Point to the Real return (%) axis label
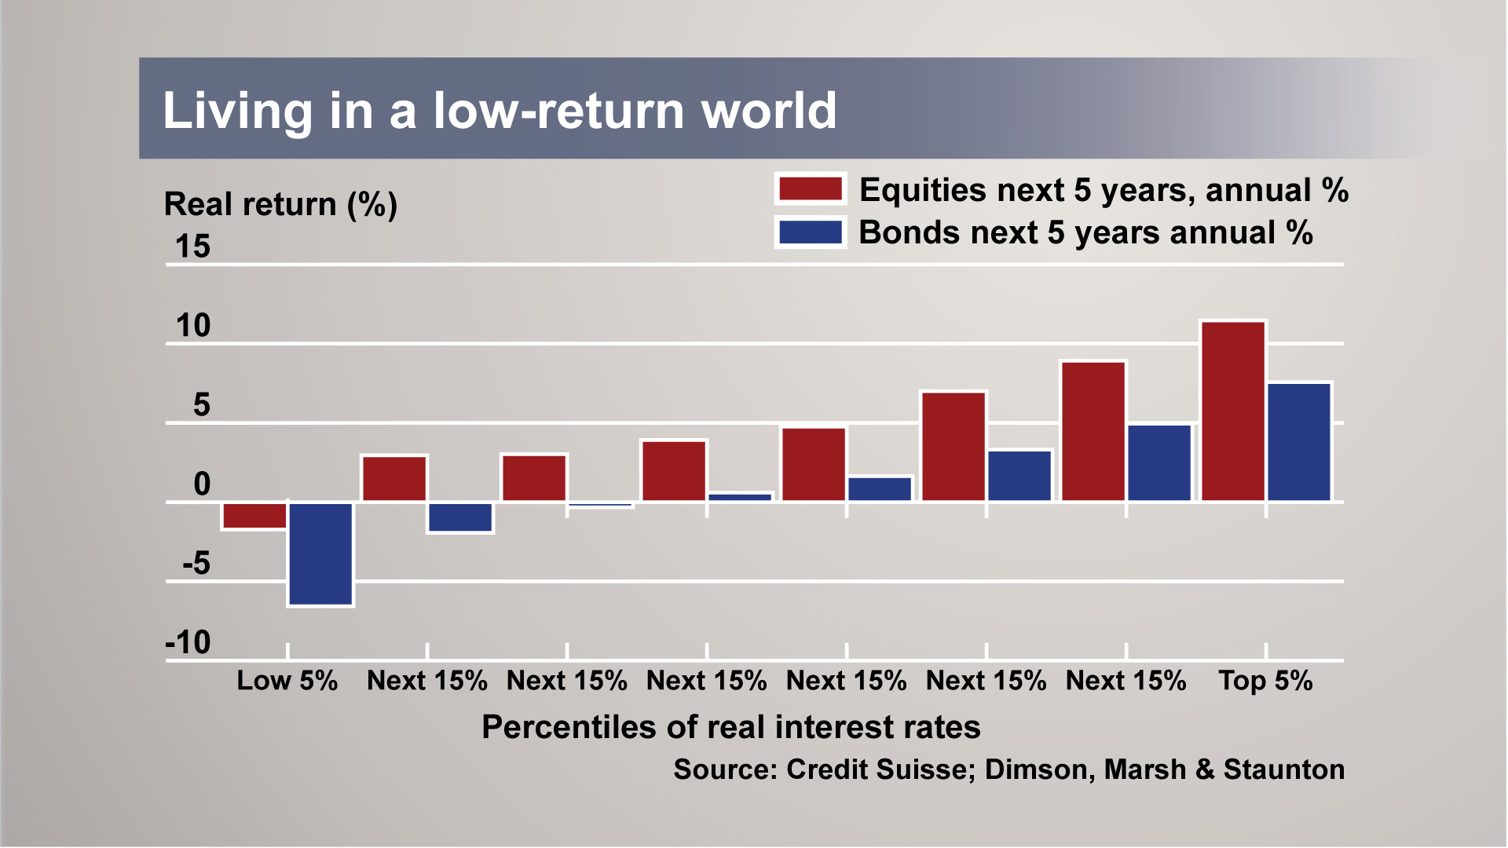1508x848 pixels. (x=280, y=204)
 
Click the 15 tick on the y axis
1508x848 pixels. (x=192, y=247)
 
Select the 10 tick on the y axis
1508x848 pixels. (x=192, y=326)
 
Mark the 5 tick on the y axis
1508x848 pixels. (x=201, y=405)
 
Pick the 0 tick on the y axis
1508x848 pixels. (x=202, y=484)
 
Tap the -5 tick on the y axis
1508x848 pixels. (x=196, y=564)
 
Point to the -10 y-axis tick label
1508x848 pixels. (x=188, y=643)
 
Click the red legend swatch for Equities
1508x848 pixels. (x=810, y=189)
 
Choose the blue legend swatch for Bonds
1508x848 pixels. (x=810, y=232)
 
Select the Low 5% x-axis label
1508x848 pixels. (x=287, y=681)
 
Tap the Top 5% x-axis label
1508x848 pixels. (x=1265, y=681)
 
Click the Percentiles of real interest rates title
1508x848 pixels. (x=730, y=727)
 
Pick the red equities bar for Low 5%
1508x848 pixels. (x=254, y=516)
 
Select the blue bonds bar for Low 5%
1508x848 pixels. (x=320, y=554)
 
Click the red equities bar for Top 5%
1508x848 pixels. (x=1233, y=411)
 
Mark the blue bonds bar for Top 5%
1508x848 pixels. (x=1299, y=442)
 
